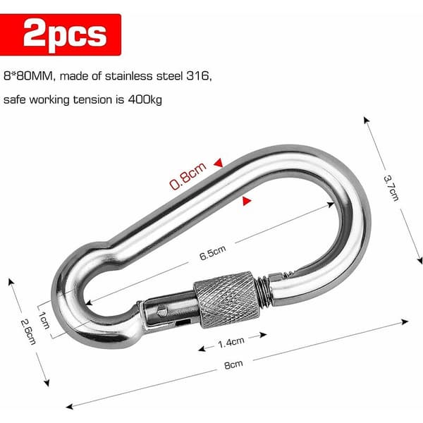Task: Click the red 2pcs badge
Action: coord(60,35)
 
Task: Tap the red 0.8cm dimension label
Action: coord(188,176)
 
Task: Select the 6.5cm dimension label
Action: coord(213,253)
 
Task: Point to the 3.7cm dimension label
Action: coord(391,188)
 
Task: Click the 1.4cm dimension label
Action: coord(231,343)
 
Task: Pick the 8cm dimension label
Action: coord(233,364)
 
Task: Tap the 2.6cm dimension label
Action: coord(28,331)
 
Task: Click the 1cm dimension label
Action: coord(44,320)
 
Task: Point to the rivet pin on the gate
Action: coord(162,311)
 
